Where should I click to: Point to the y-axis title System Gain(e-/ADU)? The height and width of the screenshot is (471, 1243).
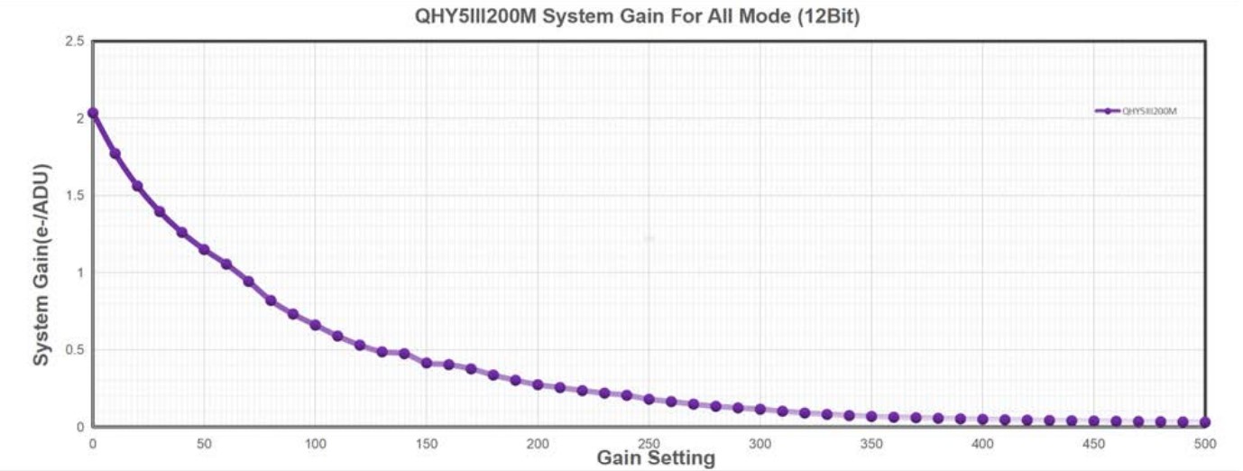41,264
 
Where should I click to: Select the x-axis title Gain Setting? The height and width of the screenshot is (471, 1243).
656,458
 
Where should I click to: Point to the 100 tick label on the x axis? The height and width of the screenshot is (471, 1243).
315,444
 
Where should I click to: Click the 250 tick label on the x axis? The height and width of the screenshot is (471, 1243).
649,444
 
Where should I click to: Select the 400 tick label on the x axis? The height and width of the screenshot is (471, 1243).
982,444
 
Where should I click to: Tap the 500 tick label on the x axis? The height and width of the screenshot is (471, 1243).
1205,444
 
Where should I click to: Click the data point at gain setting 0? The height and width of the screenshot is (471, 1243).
93,114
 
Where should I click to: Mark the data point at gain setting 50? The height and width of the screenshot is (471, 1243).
204,249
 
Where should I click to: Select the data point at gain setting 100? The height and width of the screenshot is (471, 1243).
315,325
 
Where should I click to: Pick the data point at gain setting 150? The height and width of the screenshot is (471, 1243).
427,363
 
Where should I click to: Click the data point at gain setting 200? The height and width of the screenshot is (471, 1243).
538,384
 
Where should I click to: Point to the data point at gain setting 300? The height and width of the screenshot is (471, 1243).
760,409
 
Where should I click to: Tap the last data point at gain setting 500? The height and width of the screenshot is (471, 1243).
1205,422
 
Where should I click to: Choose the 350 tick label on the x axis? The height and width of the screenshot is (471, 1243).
871,444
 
